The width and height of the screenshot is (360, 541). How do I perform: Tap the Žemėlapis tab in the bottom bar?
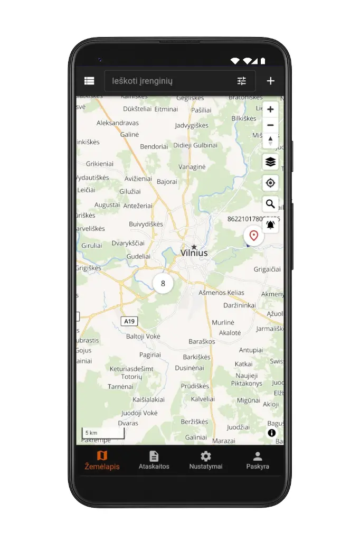pyautogui.click(x=102, y=460)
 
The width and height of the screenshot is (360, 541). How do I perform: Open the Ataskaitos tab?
pyautogui.click(x=154, y=460)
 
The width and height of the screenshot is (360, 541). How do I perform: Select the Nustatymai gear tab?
pyautogui.click(x=205, y=460)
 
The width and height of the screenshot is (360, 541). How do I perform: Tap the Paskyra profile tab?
pyautogui.click(x=258, y=460)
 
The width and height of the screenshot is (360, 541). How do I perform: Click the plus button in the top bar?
pyautogui.click(x=271, y=81)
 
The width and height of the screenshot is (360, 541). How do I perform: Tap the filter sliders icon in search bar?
pyautogui.click(x=242, y=81)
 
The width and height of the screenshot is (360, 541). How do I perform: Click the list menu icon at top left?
pyautogui.click(x=89, y=81)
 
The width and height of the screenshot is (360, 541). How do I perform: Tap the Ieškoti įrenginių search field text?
pyautogui.click(x=143, y=81)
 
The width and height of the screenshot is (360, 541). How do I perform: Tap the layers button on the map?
pyautogui.click(x=270, y=162)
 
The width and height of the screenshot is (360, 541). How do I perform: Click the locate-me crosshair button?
pyautogui.click(x=270, y=183)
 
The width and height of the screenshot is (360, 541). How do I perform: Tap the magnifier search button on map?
pyautogui.click(x=270, y=204)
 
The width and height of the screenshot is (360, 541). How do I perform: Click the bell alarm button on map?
pyautogui.click(x=270, y=225)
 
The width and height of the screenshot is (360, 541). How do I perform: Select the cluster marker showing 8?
pyautogui.click(x=163, y=283)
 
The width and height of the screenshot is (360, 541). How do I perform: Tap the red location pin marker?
pyautogui.click(x=254, y=236)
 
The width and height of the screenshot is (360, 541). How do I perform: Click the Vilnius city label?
pyautogui.click(x=194, y=253)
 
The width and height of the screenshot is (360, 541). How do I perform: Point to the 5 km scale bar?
pyautogui.click(x=103, y=433)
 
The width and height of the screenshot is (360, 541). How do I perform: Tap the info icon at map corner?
pyautogui.click(x=272, y=433)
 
